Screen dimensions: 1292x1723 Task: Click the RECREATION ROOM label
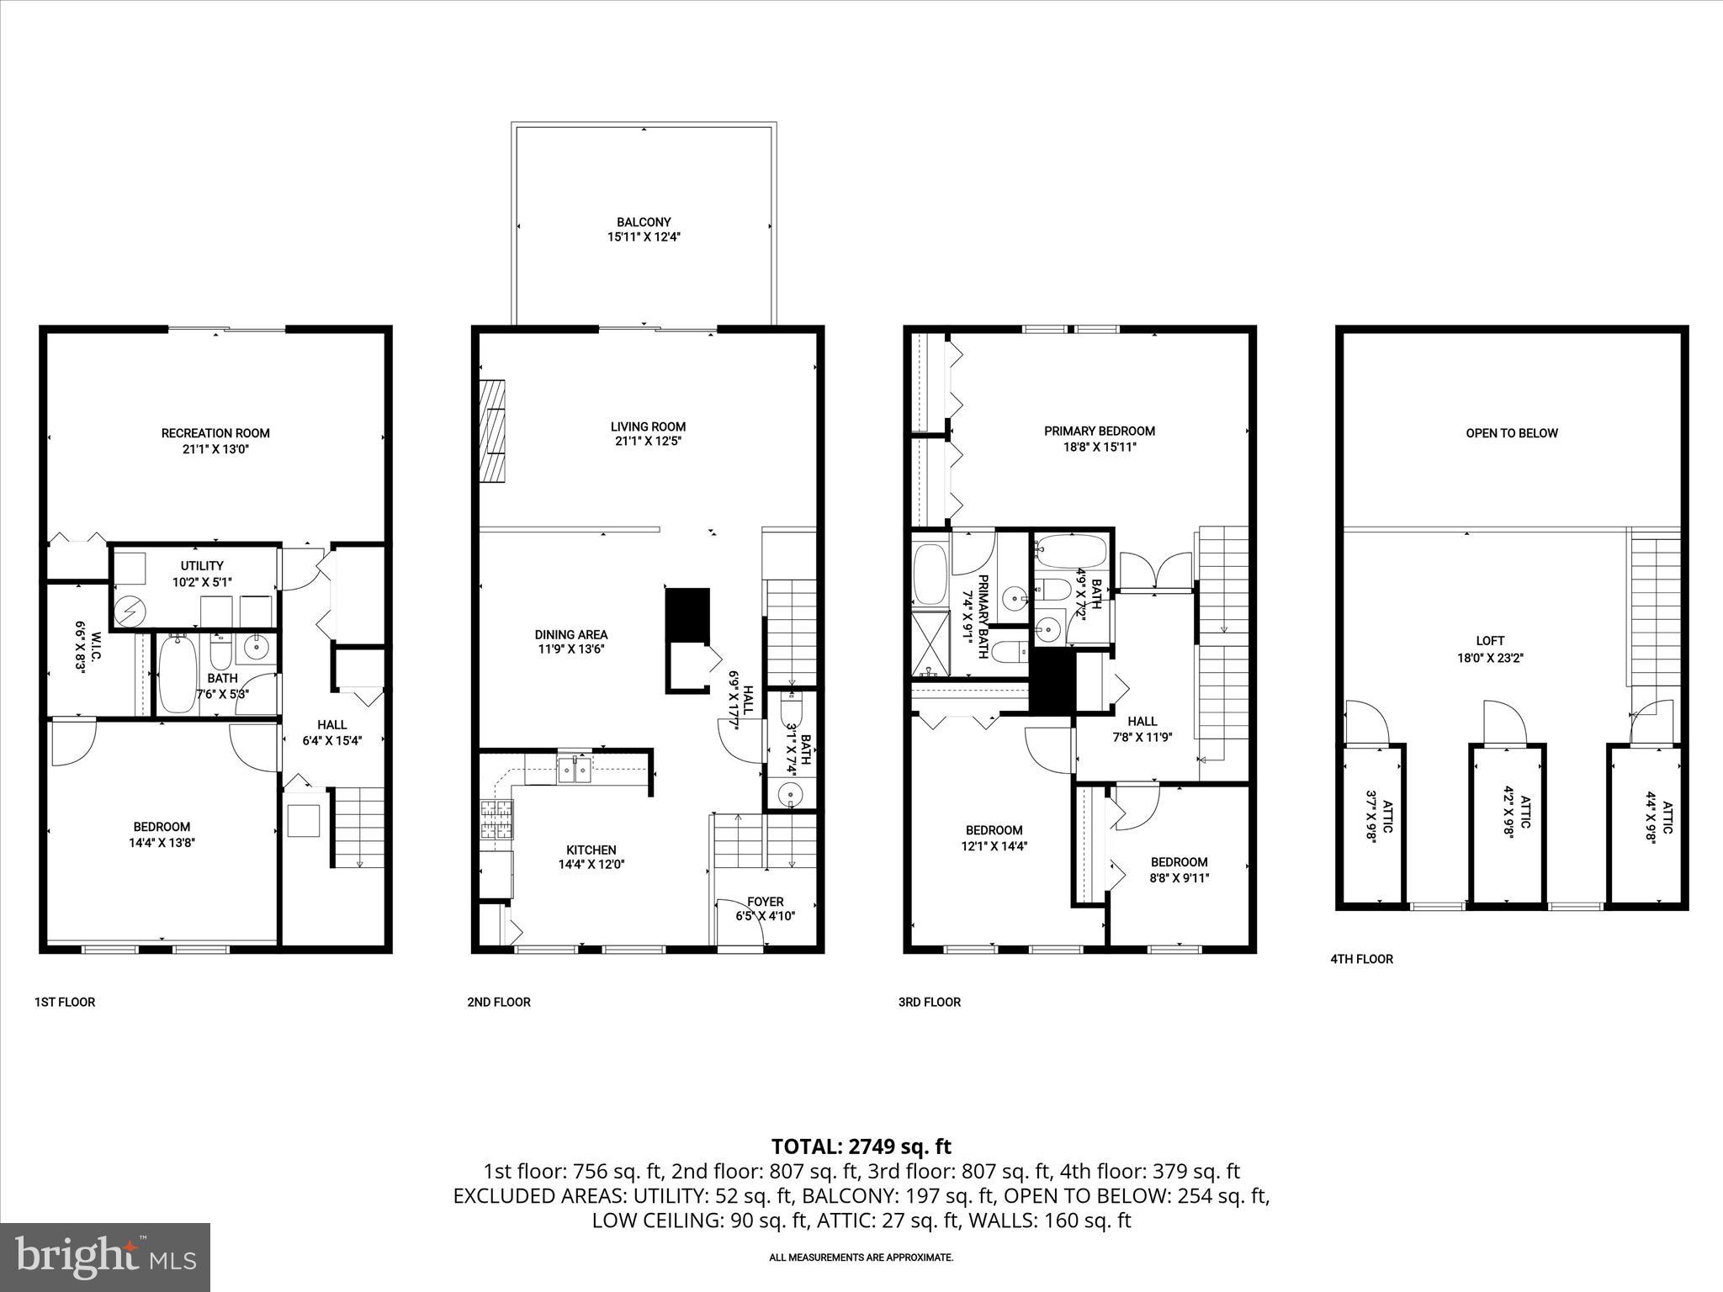coord(215,433)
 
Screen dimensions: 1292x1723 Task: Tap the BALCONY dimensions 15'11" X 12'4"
coord(644,237)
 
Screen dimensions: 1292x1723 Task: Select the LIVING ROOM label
coord(648,426)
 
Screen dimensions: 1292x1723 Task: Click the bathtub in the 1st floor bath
coord(178,674)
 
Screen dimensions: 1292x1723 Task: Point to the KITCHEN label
coord(591,850)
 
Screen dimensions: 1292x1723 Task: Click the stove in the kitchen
coord(496,819)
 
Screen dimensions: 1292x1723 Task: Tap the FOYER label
coord(765,902)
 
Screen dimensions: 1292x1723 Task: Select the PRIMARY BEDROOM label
coord(1099,431)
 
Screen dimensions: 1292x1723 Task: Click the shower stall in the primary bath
coord(930,645)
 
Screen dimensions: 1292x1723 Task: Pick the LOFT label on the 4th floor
coord(1489,641)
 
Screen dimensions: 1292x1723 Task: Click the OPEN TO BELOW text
coord(1511,433)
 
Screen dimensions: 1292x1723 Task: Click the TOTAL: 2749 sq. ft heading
coord(861,1146)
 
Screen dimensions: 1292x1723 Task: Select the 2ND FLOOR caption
coord(499,1002)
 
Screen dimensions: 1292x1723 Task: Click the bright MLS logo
coord(105,1257)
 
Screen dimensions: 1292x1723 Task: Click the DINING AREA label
coord(570,635)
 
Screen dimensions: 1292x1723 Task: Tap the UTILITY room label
coord(202,566)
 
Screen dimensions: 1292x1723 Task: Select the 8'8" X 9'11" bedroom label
coord(1179,878)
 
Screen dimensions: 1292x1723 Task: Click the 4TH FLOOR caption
coord(1360,959)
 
